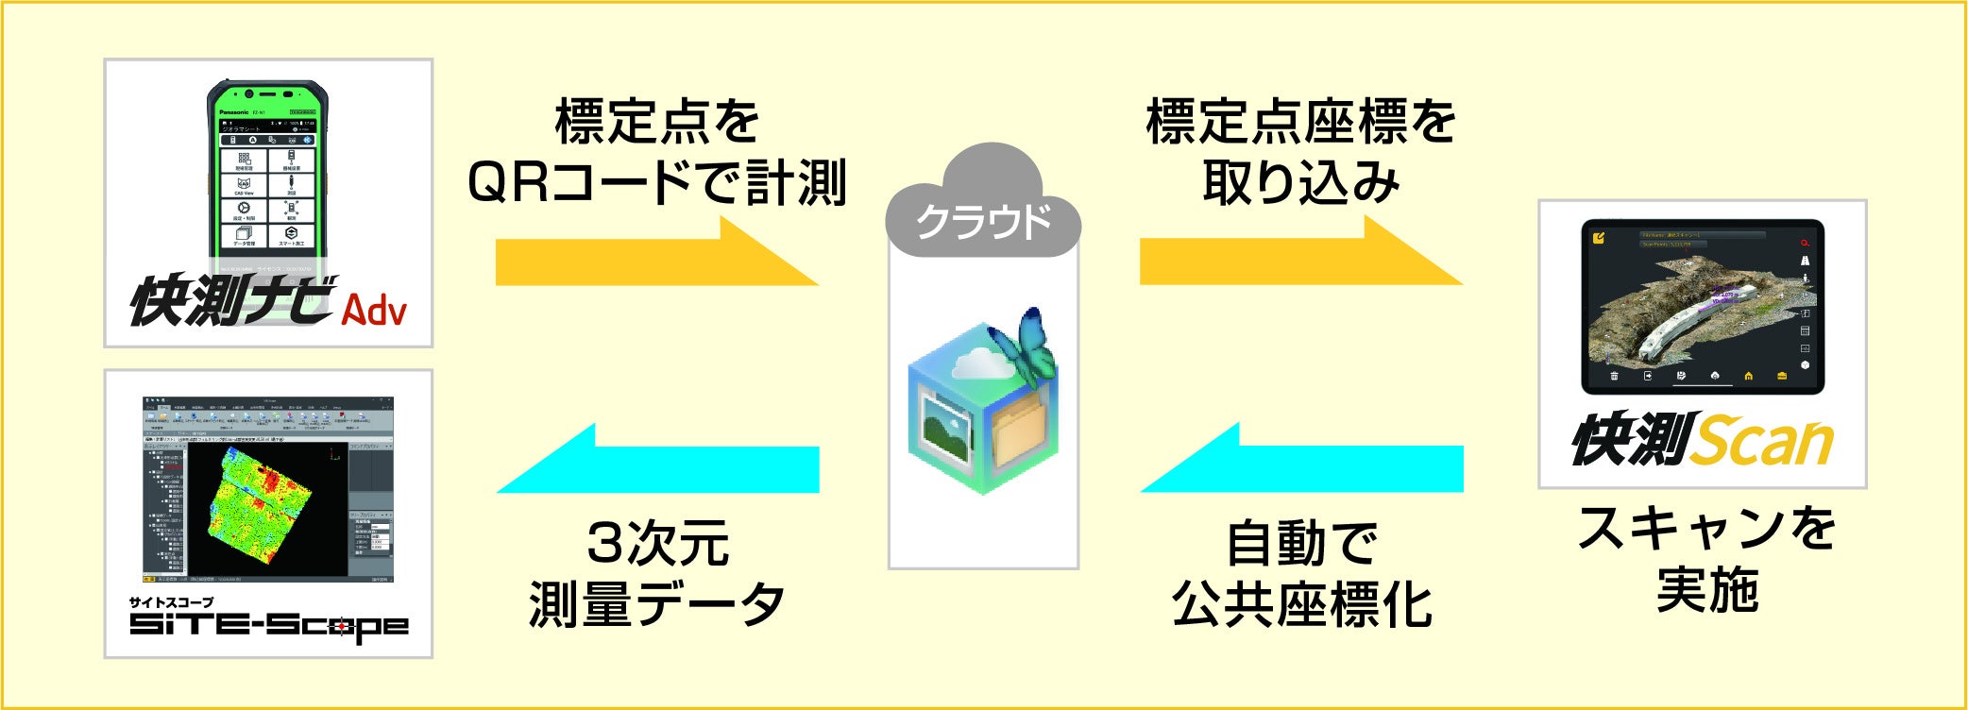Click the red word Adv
(x=374, y=310)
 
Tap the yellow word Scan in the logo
(x=1760, y=441)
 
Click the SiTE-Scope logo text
(x=268, y=625)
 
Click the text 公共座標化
(x=1301, y=603)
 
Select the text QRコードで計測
(x=657, y=182)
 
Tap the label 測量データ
(x=657, y=603)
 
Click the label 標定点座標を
(x=1300, y=123)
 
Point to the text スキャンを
(x=1705, y=529)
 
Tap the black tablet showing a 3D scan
(x=1702, y=307)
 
